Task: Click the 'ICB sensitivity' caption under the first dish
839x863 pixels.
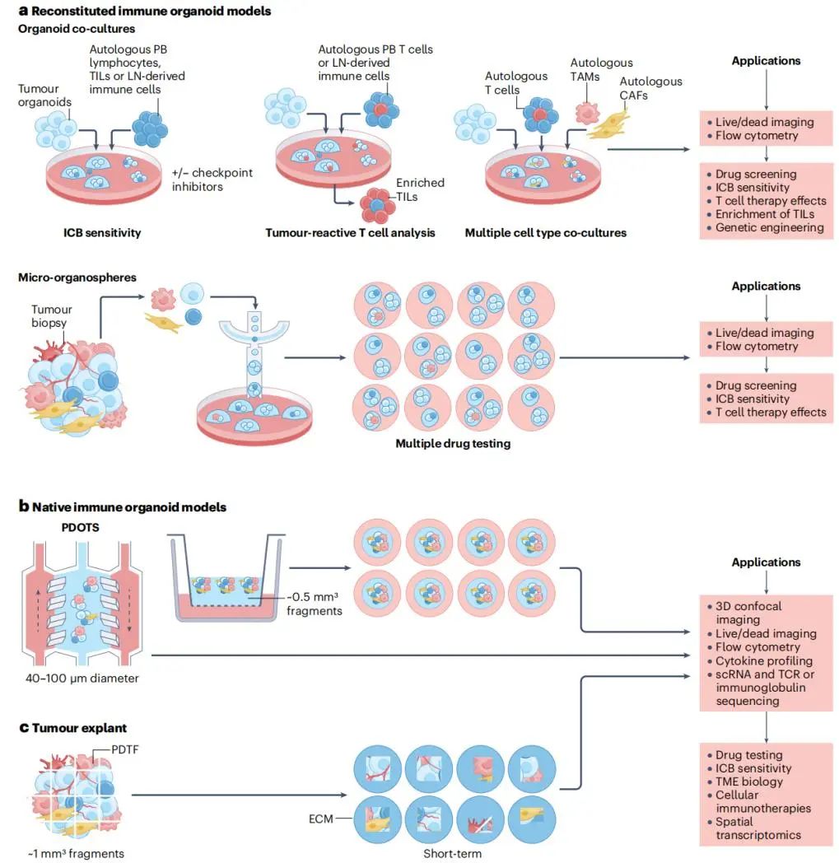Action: (102, 233)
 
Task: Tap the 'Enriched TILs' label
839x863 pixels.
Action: (420, 190)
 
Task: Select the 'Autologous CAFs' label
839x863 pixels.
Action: (650, 88)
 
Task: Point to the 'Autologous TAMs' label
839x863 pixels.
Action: (601, 70)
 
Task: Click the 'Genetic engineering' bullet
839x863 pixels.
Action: (769, 228)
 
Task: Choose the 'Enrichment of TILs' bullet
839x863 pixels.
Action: (764, 214)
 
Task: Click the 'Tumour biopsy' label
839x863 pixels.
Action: (51, 316)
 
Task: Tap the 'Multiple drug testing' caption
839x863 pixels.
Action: (453, 444)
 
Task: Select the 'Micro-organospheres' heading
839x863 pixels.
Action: (77, 278)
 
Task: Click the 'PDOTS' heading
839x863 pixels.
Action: (81, 527)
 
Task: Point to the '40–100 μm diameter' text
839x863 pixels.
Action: (82, 678)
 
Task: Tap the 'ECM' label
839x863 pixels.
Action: (321, 819)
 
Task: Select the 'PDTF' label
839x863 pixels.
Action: (125, 749)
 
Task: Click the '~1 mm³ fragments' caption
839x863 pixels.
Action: (76, 854)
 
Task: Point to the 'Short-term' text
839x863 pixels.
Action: (452, 854)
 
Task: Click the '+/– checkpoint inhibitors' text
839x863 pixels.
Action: (212, 180)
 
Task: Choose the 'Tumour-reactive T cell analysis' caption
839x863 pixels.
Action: (350, 233)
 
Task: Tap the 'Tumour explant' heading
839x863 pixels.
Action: (73, 728)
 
